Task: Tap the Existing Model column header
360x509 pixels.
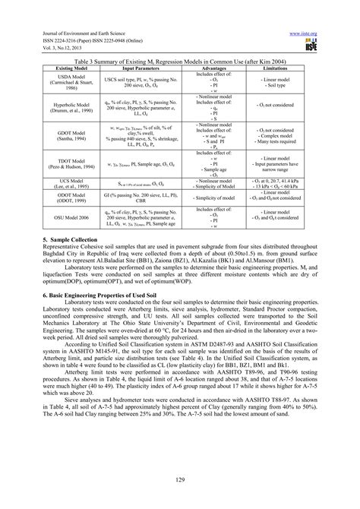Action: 72,68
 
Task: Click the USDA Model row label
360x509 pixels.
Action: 72,82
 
